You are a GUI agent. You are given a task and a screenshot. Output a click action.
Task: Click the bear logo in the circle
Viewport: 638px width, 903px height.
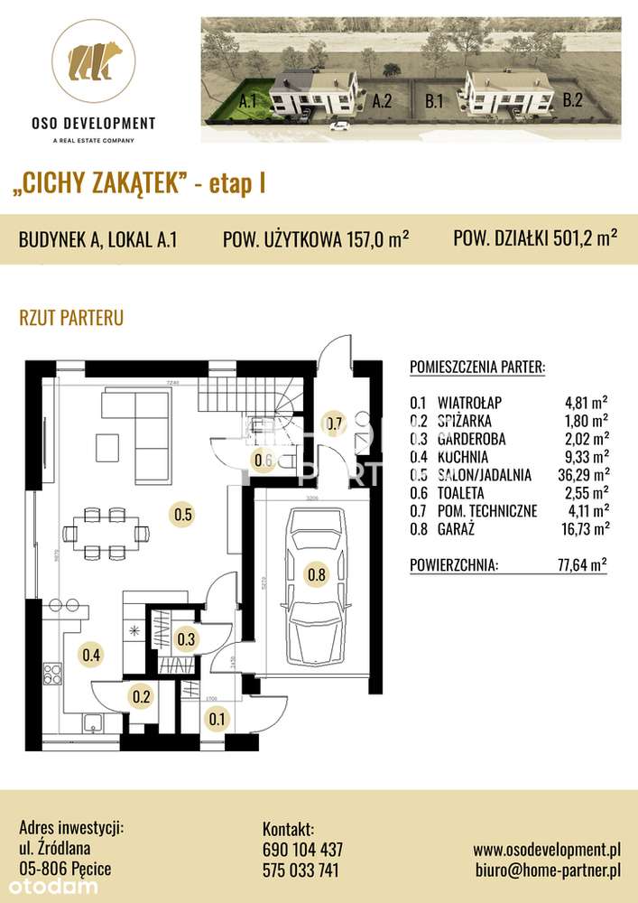94,61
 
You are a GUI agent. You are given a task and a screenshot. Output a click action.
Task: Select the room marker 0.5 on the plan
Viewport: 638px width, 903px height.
181,516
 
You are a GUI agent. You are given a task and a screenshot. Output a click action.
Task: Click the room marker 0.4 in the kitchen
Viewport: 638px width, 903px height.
90,655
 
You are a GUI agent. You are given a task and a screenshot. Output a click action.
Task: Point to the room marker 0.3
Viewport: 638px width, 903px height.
186,639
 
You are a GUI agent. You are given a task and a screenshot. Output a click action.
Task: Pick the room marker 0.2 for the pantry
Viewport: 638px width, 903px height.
142,696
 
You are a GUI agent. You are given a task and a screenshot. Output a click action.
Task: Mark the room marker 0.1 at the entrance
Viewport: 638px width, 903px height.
217,719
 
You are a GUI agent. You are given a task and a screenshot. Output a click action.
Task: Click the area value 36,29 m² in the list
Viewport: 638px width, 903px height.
584,474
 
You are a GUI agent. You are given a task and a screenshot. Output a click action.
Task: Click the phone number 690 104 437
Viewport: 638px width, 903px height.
302,850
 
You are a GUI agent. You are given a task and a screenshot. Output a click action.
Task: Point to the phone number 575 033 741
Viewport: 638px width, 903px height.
302,870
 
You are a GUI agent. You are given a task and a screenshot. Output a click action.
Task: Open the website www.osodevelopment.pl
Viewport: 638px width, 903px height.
547,850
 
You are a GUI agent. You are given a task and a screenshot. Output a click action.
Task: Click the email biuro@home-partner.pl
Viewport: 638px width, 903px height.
547,870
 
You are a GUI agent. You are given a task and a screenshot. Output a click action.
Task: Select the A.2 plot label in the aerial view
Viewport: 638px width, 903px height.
381,102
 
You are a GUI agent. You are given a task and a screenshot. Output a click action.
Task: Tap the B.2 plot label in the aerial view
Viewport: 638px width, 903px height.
572,101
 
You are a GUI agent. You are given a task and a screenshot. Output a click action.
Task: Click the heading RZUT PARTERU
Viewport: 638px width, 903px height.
70,318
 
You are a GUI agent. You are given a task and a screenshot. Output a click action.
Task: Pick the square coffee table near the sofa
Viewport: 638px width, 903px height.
108,445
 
